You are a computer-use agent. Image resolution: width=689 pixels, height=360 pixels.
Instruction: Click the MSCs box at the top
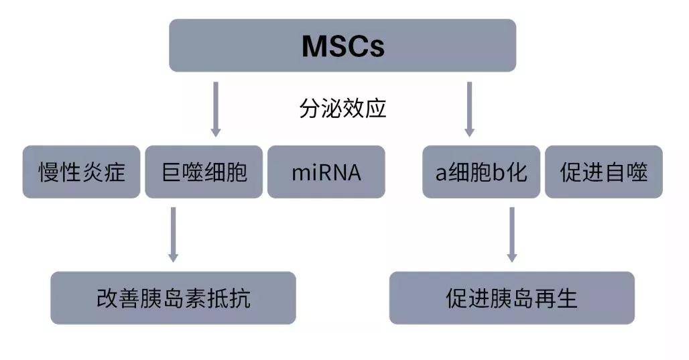[x=342, y=46]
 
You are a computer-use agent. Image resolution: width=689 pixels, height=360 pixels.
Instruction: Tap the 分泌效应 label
[x=342, y=108]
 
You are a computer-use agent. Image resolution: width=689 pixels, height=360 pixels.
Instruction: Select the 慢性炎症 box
[x=81, y=172]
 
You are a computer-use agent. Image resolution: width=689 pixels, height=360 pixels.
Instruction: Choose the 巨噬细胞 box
[x=204, y=172]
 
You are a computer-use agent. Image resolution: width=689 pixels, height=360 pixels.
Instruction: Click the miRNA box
[x=326, y=172]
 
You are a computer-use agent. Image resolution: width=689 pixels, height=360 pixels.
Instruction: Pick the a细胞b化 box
[x=481, y=172]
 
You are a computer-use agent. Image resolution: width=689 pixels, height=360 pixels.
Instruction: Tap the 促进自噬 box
[x=604, y=172]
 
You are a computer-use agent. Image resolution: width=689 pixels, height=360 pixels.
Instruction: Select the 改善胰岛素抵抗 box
[x=173, y=298]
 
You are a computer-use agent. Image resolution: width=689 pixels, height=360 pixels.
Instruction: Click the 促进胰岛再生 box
[x=512, y=298]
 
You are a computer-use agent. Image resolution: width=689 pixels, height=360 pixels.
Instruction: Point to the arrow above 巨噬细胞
[x=215, y=109]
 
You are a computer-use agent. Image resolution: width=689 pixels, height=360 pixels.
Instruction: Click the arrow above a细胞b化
[x=469, y=109]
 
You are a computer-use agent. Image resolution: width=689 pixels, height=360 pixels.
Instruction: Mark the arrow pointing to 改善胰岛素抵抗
[x=173, y=235]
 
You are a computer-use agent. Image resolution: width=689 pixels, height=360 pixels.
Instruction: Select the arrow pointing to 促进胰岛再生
[x=511, y=235]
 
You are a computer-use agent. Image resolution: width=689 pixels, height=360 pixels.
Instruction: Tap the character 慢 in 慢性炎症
[x=49, y=172]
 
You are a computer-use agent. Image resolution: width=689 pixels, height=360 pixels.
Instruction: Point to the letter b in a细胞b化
[x=499, y=172]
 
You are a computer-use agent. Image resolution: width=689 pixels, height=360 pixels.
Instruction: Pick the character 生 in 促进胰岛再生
[x=566, y=298]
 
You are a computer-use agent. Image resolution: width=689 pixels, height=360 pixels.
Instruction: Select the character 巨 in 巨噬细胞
[x=172, y=172]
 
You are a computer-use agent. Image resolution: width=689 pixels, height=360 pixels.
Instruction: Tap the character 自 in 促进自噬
[x=615, y=172]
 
